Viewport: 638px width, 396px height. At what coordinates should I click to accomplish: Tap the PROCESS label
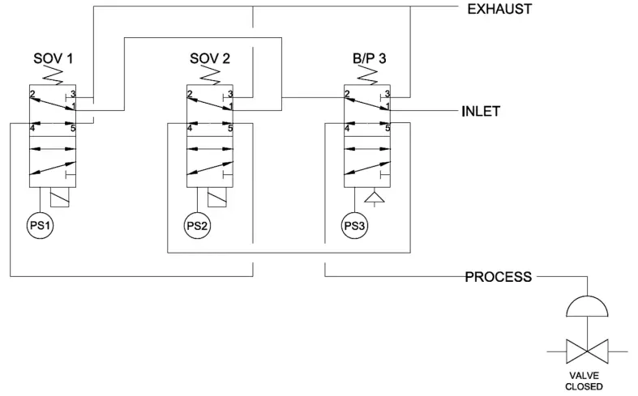pyautogui.click(x=498, y=277)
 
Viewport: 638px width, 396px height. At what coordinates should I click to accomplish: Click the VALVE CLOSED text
pyautogui.click(x=584, y=381)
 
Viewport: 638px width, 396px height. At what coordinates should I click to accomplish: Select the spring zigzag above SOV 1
pyautogui.click(x=53, y=75)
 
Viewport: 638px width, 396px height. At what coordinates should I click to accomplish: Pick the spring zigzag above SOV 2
pyautogui.click(x=210, y=75)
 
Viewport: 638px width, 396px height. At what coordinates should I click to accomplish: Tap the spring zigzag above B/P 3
pyautogui.click(x=367, y=75)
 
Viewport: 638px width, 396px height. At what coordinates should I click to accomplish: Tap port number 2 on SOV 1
pyautogui.click(x=32, y=95)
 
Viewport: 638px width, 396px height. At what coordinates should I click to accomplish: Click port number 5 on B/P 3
pyautogui.click(x=388, y=127)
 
